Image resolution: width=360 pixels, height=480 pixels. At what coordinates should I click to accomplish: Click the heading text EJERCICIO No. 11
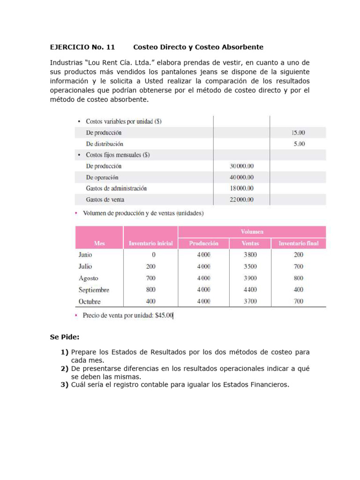coord(82,47)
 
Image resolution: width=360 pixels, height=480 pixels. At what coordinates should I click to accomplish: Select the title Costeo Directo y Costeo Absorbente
coord(198,47)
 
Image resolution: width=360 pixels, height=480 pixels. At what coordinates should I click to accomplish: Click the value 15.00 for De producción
coord(299,133)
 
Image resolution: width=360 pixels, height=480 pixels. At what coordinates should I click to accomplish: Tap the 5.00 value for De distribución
coord(300,144)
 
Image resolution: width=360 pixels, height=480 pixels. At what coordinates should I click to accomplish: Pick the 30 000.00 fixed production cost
coord(242,166)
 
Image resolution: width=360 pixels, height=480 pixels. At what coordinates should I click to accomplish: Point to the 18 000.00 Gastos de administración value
coord(242,188)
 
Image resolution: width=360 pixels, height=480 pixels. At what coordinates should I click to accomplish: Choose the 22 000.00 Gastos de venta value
coord(242,200)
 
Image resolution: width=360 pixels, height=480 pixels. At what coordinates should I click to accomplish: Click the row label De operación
coord(102,178)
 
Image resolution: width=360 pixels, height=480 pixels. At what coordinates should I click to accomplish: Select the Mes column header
coord(99,243)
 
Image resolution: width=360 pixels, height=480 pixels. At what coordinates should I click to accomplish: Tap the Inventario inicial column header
coord(150,243)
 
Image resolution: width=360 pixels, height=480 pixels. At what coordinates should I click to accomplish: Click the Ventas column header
coord(250,243)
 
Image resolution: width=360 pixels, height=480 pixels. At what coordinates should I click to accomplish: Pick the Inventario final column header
coord(299,243)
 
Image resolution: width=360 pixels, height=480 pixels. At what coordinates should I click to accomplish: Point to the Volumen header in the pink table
coord(252,232)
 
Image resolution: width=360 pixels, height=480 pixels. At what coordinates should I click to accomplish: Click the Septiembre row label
coord(94,290)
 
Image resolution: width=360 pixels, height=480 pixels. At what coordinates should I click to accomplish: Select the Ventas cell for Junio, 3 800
coord(250,255)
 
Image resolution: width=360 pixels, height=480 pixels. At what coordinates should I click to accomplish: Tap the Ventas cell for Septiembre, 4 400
coord(250,290)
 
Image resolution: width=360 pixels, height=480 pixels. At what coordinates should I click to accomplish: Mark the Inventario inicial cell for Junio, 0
coord(153,255)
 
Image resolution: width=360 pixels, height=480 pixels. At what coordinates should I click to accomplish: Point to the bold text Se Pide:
coord(65,337)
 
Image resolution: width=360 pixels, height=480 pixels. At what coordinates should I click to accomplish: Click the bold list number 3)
coord(65,385)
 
